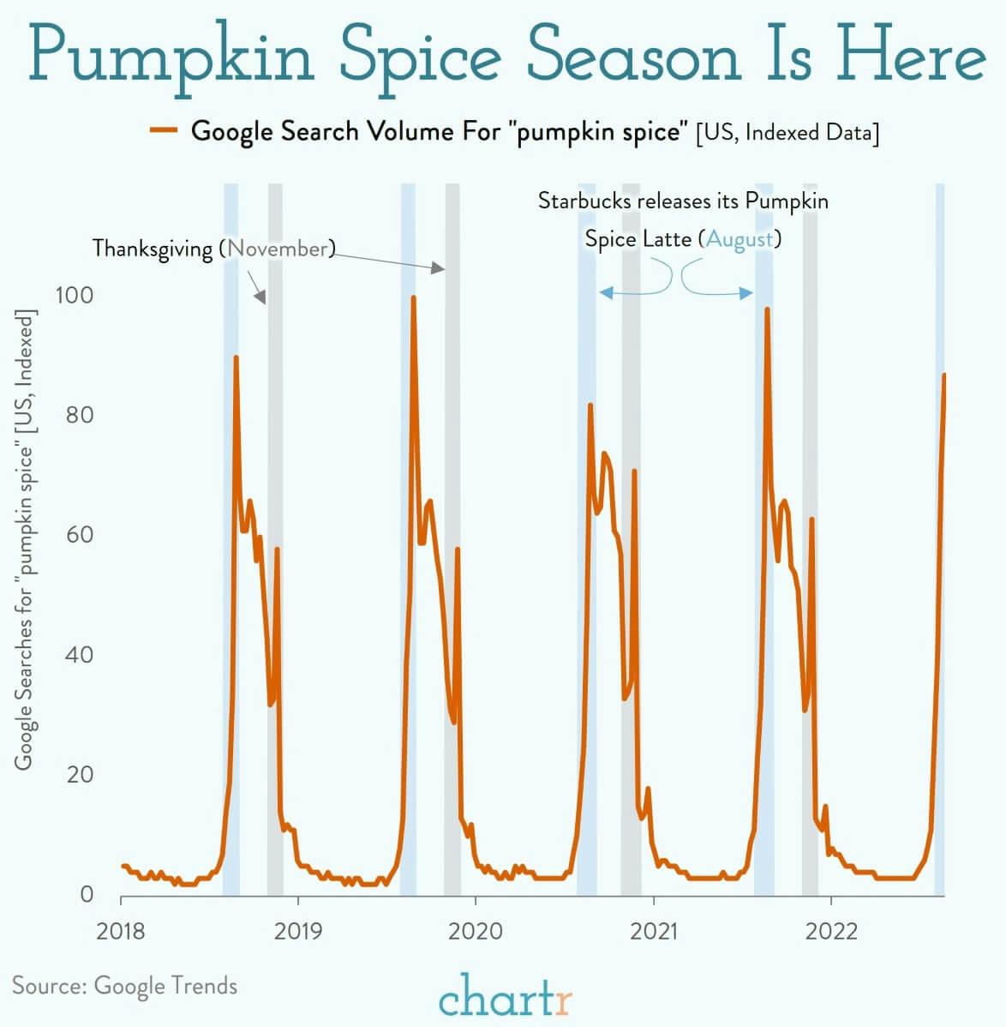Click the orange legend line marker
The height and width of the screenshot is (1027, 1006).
pyautogui.click(x=163, y=131)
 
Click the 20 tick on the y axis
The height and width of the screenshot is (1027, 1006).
pyautogui.click(x=79, y=775)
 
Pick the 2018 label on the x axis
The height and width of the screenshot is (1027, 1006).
pyautogui.click(x=121, y=931)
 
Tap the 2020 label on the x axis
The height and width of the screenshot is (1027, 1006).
pyautogui.click(x=476, y=931)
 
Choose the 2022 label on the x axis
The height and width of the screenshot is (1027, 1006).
pyautogui.click(x=831, y=931)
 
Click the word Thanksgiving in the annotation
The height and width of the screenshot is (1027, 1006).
pyautogui.click(x=152, y=249)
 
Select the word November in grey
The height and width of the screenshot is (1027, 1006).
pyautogui.click(x=278, y=249)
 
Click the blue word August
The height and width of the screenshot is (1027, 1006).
pyautogui.click(x=739, y=238)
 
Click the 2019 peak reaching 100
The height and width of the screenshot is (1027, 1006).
pyautogui.click(x=413, y=298)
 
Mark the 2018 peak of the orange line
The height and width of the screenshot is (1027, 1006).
pyautogui.click(x=236, y=357)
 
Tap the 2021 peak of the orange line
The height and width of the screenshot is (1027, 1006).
pyautogui.click(x=767, y=309)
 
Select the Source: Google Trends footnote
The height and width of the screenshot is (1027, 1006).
pyautogui.click(x=124, y=986)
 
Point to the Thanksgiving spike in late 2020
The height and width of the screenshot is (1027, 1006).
pyautogui.click(x=634, y=471)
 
